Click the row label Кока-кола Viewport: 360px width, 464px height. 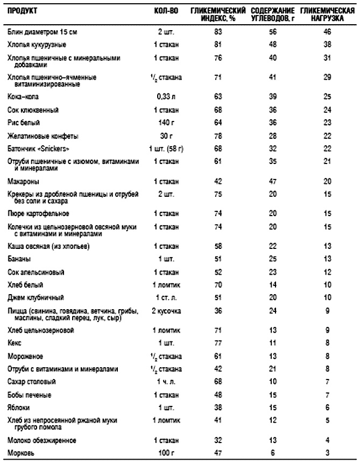tap(22, 97)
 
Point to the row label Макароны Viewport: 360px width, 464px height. tap(22, 182)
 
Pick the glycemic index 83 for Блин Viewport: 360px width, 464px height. tap(218, 32)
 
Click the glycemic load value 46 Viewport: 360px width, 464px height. tap(326, 32)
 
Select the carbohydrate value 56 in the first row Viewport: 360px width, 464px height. tap(272, 32)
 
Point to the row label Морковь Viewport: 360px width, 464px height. tap(20, 453)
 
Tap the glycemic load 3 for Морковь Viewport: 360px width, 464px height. tap(326, 453)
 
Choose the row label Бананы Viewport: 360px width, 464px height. tap(19, 259)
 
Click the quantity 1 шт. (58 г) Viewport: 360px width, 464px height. tap(166, 148)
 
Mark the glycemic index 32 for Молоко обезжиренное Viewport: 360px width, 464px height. tap(218, 440)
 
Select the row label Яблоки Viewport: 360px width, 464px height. tap(20, 407)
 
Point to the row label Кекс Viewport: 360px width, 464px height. tap(15, 342)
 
